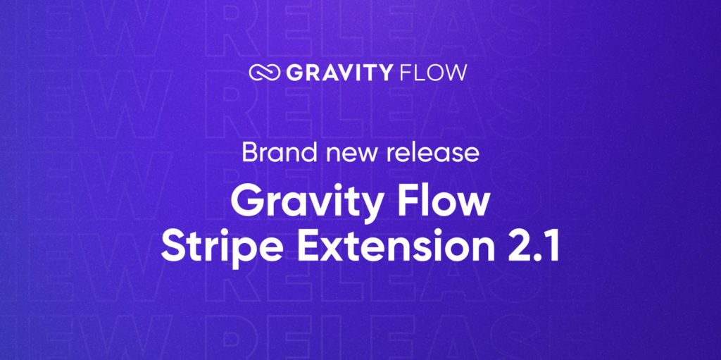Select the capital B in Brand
coord(249,152)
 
